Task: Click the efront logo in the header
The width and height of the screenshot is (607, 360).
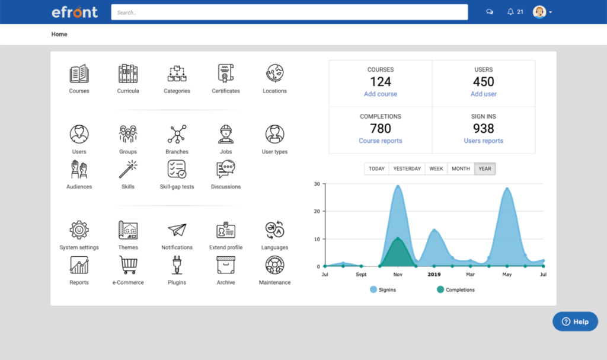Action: coord(74,12)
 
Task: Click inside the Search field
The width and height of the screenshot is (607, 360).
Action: coord(289,12)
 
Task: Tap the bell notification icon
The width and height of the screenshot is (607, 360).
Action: coord(510,12)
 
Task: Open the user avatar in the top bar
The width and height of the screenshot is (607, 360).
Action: coord(539,12)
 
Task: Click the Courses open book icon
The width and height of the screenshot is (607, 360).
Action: coord(79,74)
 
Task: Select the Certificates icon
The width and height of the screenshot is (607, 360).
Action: coord(226,74)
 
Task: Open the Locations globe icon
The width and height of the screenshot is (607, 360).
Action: coord(274,74)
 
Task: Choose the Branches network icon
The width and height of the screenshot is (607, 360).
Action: coord(177,135)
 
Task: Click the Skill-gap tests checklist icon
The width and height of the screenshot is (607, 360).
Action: coord(177,170)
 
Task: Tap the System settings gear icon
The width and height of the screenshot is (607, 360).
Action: coord(79,230)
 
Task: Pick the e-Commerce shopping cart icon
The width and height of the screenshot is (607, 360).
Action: coord(128,265)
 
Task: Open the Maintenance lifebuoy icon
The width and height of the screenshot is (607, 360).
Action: coord(274,265)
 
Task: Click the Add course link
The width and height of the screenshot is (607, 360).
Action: coord(381,94)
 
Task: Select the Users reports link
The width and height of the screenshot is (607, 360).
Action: coord(483,141)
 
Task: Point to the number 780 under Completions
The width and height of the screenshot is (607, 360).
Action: coord(381,129)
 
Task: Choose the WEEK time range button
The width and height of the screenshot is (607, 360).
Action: coord(436,168)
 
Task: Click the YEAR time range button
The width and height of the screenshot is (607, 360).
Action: coord(485,168)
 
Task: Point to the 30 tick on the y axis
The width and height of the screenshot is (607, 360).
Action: coord(317,184)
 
